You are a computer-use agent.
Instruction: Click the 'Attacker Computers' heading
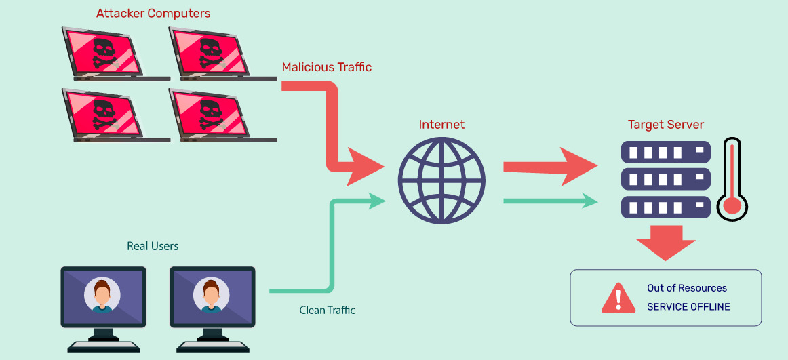point(153,13)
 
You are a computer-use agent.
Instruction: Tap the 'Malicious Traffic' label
point(326,67)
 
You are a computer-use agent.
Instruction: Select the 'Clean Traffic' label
point(327,311)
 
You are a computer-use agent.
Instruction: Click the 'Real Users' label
point(153,246)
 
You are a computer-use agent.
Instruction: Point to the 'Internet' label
point(441,124)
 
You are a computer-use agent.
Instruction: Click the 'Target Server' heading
point(665,125)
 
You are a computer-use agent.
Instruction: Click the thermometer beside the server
point(732,180)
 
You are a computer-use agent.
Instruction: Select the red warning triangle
point(618,298)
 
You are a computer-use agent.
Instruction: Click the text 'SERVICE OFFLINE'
point(688,307)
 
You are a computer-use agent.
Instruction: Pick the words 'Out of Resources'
point(686,288)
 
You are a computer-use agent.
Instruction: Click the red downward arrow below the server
point(665,241)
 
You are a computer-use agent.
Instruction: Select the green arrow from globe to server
point(549,201)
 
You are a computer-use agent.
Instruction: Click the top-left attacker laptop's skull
point(103,52)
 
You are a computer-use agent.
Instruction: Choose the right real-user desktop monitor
point(212,298)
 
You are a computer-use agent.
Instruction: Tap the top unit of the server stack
point(665,153)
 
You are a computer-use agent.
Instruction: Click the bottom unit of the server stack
point(665,207)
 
